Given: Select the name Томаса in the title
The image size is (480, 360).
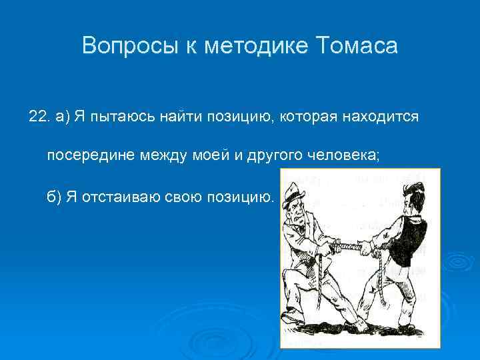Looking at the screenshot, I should [359, 46].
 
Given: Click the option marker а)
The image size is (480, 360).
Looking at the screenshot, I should [63, 117].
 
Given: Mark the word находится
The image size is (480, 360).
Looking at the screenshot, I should [381, 117].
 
